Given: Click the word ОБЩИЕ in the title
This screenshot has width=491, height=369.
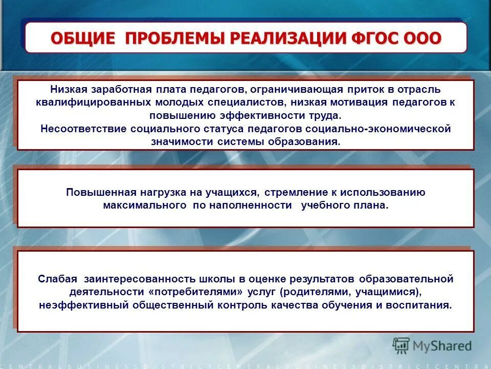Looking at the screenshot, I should [82, 38].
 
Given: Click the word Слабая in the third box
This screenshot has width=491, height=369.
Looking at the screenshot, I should [57, 279].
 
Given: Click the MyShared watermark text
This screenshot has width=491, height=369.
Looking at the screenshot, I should [442, 345].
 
